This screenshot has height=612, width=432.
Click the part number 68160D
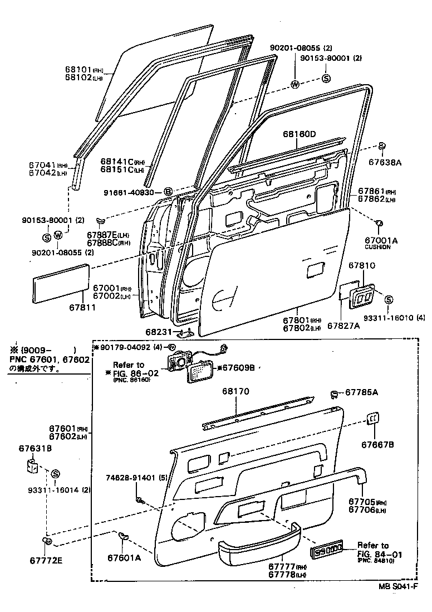point(299,135)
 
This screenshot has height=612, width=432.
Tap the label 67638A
point(384,163)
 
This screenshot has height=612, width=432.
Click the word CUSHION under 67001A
point(378,247)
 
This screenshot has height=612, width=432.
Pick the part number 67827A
point(343,326)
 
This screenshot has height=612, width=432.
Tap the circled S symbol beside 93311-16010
point(389,300)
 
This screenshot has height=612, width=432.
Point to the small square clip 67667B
point(373,419)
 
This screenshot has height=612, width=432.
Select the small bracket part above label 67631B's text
point(32,465)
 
